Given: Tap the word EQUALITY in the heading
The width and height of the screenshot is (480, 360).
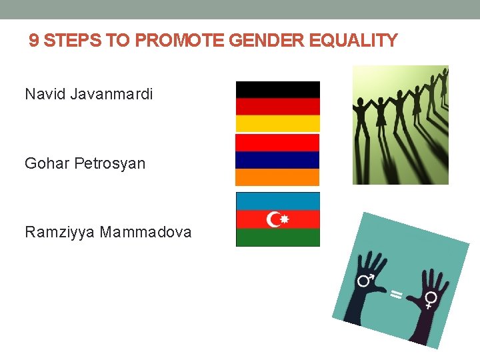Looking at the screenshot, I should pos(361,41).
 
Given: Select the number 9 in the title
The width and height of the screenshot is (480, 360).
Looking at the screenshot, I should pos(34,41).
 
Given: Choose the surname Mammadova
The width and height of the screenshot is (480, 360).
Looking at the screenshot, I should pos(146,232).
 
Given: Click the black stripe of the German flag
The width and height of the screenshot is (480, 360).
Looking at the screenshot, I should pos(277,89).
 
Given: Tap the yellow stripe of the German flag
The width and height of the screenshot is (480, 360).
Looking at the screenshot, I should pos(277,123).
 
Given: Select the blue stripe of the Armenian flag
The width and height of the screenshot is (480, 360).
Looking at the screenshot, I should pos(277,160).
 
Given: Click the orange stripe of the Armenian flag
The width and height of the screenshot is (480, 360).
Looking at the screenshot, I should pos(277,177).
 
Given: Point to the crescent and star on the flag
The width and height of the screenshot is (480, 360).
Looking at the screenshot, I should pos(277,219).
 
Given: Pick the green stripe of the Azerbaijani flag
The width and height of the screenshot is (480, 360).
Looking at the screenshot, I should pos(277,238).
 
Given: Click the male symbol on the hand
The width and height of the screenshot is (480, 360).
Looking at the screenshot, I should pos(365,280).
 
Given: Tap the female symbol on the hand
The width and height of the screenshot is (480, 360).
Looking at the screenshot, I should pos(431,298).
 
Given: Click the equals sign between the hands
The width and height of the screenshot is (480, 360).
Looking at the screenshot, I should pos(396,294).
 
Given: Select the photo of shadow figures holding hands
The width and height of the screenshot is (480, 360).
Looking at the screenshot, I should pos(400,125).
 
